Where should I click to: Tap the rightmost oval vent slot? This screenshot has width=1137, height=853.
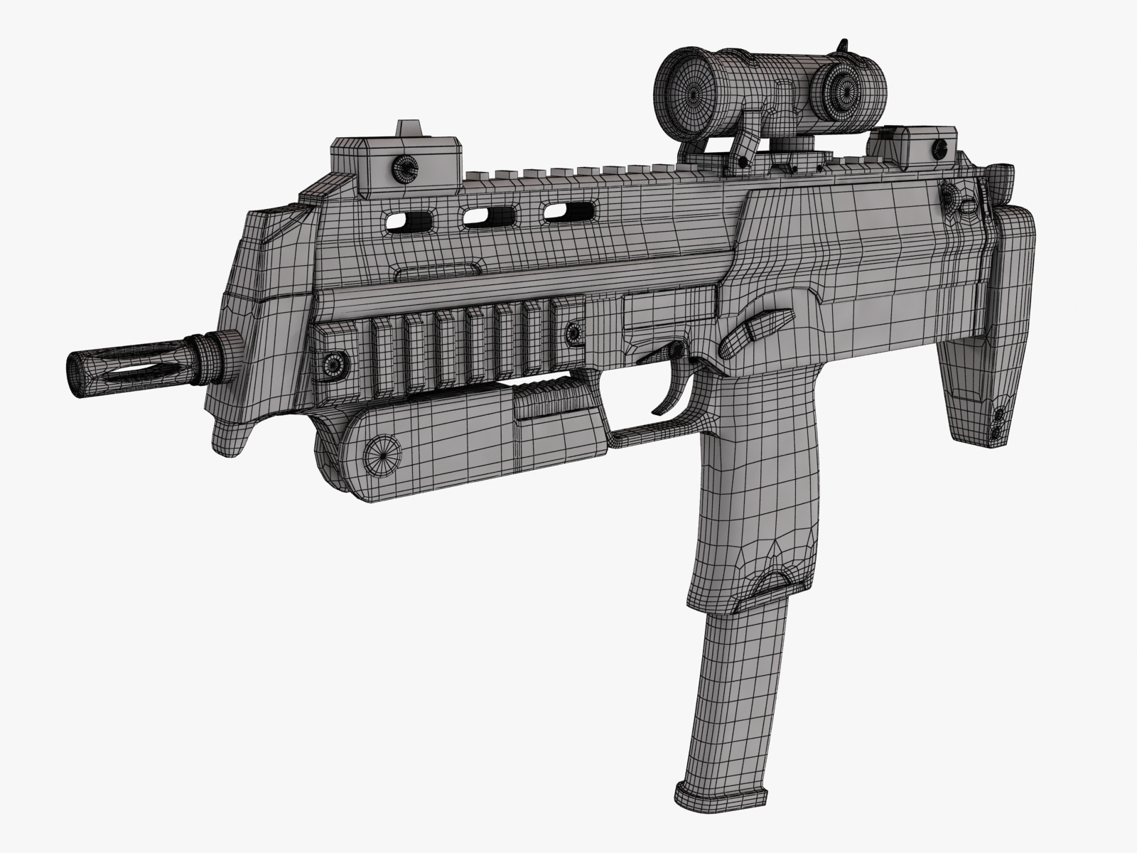(x=568, y=209)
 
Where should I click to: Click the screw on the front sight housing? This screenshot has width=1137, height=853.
(x=406, y=168)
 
